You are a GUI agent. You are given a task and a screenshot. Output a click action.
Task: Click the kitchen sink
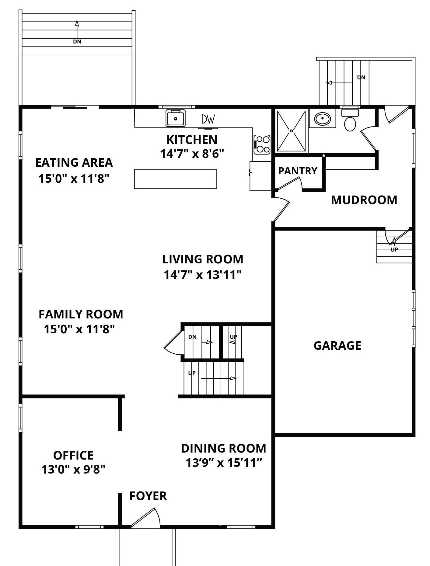tap(176, 118)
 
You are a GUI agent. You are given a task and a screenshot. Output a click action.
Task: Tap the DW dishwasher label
tap(208, 119)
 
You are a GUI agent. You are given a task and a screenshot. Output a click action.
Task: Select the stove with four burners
tap(262, 144)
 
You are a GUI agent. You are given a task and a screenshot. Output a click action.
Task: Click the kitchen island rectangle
tap(175, 179)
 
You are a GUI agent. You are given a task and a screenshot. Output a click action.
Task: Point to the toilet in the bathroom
tap(350, 120)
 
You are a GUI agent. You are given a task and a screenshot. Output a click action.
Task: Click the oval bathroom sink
tap(323, 118)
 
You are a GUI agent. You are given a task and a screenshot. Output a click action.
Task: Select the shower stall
tap(291, 131)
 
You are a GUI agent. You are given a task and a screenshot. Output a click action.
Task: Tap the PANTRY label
tap(298, 171)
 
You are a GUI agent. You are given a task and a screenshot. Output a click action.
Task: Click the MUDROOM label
tap(364, 200)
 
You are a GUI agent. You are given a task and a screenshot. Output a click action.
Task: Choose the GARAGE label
tap(337, 346)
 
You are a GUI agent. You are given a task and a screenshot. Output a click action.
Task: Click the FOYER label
tap(148, 496)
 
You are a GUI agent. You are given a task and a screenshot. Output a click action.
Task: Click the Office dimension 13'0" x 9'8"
tap(73, 470)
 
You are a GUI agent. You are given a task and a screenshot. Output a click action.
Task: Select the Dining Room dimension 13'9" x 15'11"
tap(224, 463)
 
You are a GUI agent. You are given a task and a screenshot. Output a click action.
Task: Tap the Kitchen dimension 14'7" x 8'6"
tap(192, 154)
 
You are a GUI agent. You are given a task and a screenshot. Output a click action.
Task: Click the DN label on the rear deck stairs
tap(77, 42)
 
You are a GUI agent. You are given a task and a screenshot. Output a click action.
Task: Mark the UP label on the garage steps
tap(394, 249)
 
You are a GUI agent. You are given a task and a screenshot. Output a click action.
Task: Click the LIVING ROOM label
tap(203, 259)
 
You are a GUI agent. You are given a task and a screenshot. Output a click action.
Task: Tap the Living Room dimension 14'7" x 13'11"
tap(203, 275)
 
